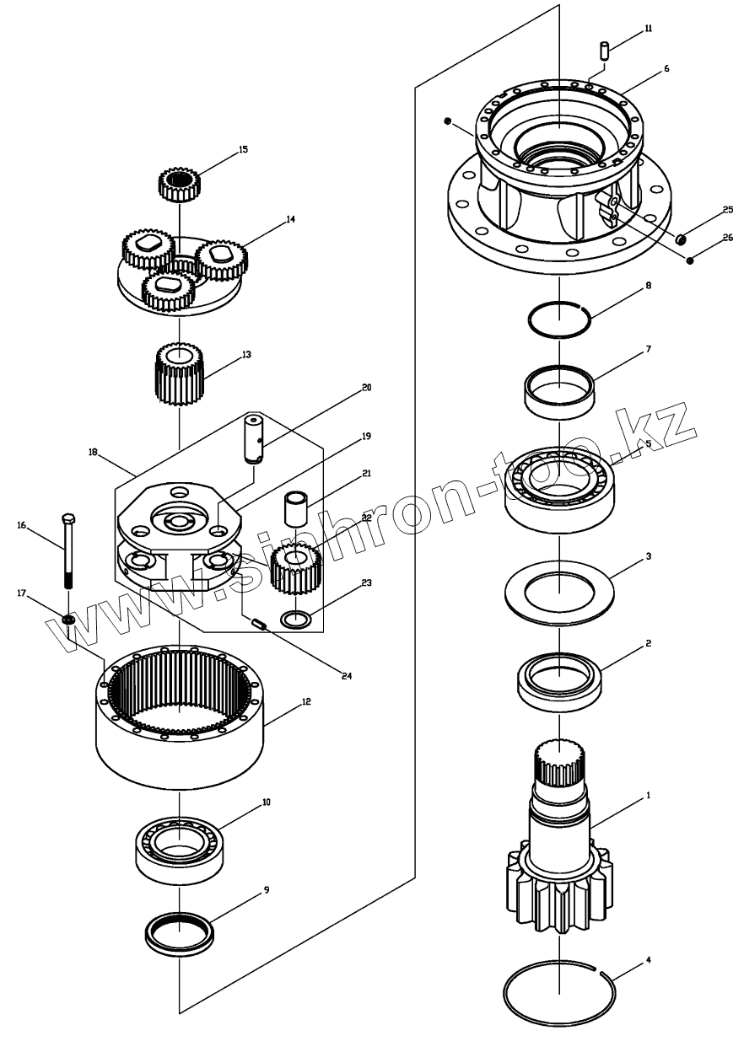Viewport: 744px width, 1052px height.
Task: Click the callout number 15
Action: point(243,149)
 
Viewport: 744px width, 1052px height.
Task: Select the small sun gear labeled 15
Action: point(178,184)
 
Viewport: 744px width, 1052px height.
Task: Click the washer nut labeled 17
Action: point(68,621)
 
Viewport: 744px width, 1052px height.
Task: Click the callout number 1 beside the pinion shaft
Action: point(648,795)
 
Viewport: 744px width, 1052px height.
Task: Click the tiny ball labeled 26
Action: point(690,260)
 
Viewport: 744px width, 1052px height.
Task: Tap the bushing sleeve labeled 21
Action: point(296,511)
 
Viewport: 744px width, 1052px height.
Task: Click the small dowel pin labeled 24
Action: point(261,625)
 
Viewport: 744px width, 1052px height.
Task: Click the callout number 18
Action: point(93,453)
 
